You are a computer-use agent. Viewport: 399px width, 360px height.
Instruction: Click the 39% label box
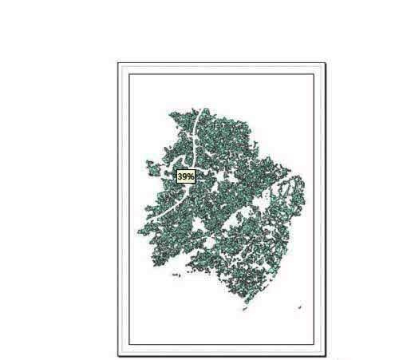(x=186, y=176)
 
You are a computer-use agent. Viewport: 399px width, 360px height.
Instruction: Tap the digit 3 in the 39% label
(x=180, y=176)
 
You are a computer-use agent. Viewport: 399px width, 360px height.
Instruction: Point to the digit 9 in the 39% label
(x=185, y=176)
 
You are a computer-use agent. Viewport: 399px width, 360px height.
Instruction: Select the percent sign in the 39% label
(x=192, y=176)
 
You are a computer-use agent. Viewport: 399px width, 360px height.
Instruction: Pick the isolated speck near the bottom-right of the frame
(x=300, y=307)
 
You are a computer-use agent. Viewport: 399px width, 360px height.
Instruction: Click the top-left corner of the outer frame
(x=118, y=62)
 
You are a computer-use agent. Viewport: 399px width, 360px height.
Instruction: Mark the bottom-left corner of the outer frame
(x=118, y=355)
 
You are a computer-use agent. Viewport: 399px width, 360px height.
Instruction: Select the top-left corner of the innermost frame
(x=129, y=74)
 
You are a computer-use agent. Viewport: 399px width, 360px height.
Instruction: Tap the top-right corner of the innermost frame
(x=314, y=74)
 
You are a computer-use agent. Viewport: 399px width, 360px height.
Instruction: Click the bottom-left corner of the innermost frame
(x=129, y=344)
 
